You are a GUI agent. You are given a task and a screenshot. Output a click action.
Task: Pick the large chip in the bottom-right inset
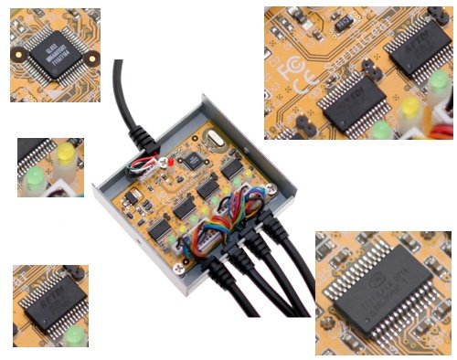[384, 298]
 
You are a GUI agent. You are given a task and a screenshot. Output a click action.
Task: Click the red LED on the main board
[170, 162]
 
